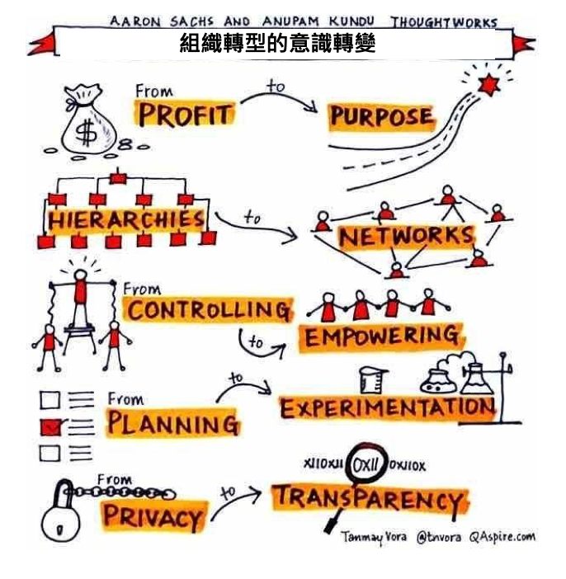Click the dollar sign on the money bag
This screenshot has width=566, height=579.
click(x=86, y=131)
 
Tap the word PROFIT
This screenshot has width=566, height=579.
click(x=186, y=115)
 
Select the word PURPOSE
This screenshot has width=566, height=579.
click(x=381, y=116)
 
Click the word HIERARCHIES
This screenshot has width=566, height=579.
click(x=126, y=220)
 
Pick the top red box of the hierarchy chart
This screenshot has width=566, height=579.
click(x=118, y=179)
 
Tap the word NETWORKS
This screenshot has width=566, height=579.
click(x=407, y=237)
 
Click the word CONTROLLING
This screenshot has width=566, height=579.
click(x=209, y=310)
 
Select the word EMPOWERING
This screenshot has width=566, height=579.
click(x=381, y=336)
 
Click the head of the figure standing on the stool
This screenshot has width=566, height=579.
click(x=80, y=275)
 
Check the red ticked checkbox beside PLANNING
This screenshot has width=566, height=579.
click(x=50, y=427)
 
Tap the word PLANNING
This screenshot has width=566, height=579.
click(x=173, y=422)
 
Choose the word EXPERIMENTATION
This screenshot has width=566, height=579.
click(x=387, y=408)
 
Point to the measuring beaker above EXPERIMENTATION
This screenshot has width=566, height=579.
click(x=373, y=380)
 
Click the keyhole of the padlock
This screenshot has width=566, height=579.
click(x=59, y=530)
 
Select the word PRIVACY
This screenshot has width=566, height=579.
click(x=152, y=516)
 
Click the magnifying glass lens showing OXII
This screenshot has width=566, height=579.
click(x=366, y=464)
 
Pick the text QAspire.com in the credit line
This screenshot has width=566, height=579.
click(x=502, y=537)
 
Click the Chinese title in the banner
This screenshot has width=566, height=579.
click(x=277, y=44)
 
